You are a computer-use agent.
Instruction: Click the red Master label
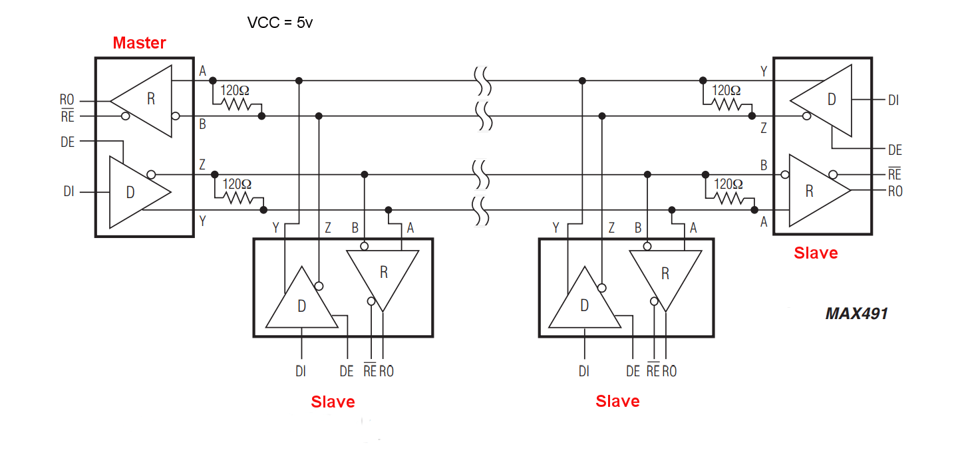(x=139, y=43)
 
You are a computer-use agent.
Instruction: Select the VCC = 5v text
(x=280, y=23)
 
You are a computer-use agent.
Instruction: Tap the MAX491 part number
(x=856, y=314)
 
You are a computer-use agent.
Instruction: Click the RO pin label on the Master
(x=67, y=101)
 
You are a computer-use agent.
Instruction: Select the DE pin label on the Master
(x=68, y=142)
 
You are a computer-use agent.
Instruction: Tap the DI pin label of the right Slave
(x=893, y=100)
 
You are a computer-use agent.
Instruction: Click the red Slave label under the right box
(x=816, y=253)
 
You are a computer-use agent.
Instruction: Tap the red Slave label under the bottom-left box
(x=333, y=402)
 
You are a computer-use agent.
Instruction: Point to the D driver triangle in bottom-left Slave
(x=301, y=302)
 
